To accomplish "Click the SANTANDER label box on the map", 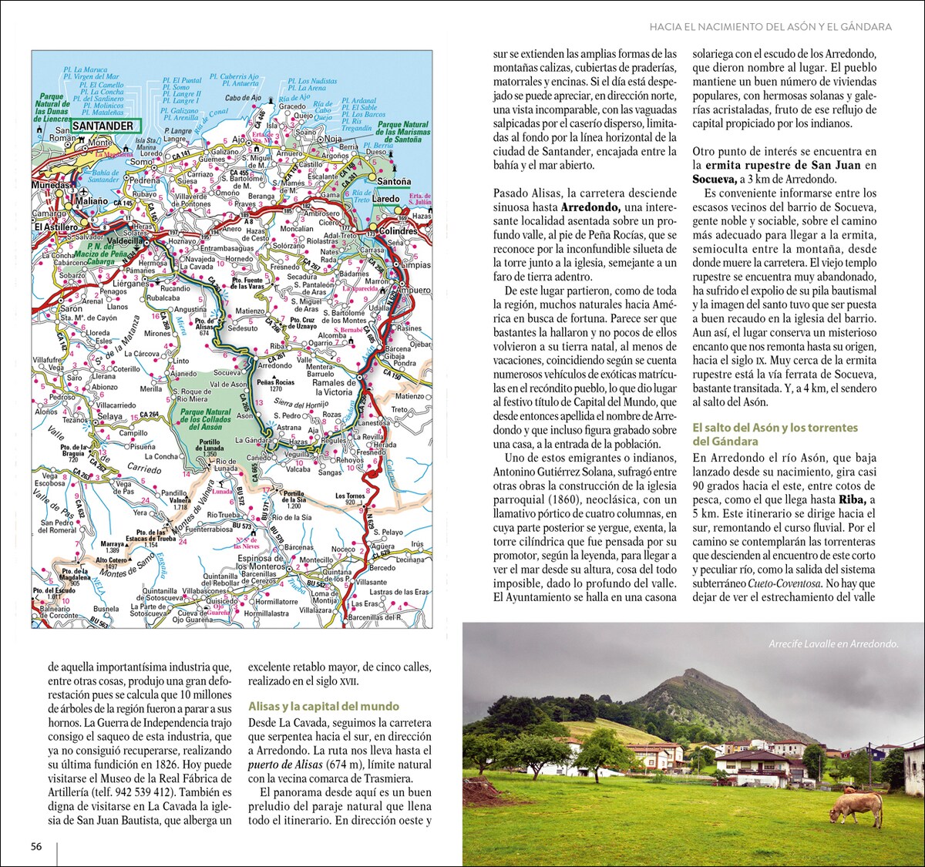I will (x=103, y=126).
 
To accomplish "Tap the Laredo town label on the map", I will (x=385, y=199).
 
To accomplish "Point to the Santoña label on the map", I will (x=394, y=182).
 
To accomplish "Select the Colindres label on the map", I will (x=398, y=231).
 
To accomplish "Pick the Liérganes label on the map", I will (x=130, y=284).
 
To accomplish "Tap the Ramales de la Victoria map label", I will (x=333, y=387).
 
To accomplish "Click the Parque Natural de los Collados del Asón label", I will (x=206, y=419).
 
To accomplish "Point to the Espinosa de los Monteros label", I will (x=261, y=563).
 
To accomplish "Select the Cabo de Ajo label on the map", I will (x=243, y=99).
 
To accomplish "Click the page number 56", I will (x=36, y=846).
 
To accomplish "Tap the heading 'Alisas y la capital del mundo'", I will (x=324, y=706).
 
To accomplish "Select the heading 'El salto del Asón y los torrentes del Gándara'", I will (x=775, y=435).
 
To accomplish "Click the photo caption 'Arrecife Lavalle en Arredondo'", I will (x=833, y=644).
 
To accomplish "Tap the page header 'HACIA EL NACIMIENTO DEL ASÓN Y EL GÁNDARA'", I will (x=770, y=27).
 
